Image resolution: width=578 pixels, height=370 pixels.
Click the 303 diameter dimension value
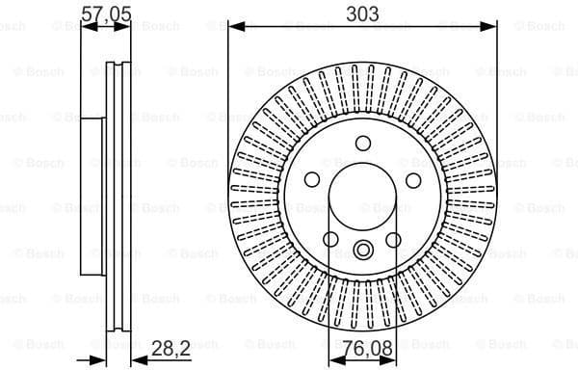[x=362, y=13]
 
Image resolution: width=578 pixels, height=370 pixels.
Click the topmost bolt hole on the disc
[x=362, y=143]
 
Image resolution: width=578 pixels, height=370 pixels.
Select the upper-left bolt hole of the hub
[x=311, y=179]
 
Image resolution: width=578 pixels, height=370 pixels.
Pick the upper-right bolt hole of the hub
[x=413, y=179]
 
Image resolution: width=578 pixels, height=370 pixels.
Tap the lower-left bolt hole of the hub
[x=330, y=239]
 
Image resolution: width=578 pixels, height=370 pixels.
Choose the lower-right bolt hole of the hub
[x=394, y=239]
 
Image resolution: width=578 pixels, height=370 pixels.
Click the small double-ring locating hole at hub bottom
[x=362, y=251]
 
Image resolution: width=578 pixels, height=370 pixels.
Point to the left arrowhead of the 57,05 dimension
[x=87, y=28]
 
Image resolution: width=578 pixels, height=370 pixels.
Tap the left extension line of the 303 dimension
[x=229, y=96]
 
